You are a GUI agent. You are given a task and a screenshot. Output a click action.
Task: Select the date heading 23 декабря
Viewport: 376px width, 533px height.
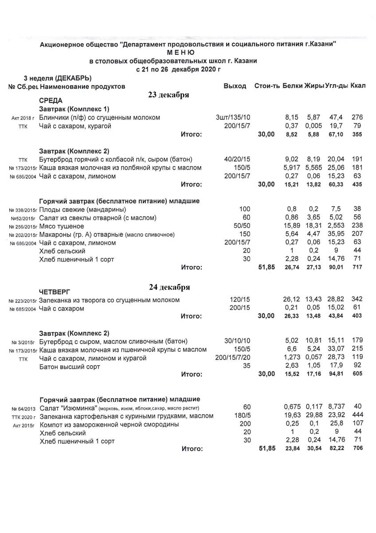click(169, 95)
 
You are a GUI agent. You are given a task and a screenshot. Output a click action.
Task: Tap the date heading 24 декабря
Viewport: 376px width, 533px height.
click(169, 287)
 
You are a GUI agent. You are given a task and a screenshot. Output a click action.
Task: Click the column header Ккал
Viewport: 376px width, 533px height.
click(358, 85)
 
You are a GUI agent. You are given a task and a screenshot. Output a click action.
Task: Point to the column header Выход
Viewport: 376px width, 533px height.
click(235, 86)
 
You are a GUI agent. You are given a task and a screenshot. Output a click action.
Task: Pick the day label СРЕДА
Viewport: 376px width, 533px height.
click(51, 101)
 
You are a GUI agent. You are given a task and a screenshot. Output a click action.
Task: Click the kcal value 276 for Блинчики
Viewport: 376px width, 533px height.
click(357, 118)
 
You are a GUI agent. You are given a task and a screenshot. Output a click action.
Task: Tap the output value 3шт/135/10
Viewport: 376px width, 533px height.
click(233, 118)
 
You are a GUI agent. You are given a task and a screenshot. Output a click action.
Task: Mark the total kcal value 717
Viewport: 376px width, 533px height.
click(357, 268)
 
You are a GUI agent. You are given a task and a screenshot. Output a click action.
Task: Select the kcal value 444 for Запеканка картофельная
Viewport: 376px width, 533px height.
click(357, 416)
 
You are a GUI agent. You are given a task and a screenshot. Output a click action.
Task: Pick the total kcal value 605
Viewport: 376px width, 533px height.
click(357, 374)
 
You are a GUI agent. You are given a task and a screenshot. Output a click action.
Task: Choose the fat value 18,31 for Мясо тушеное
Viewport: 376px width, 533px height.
click(313, 226)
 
